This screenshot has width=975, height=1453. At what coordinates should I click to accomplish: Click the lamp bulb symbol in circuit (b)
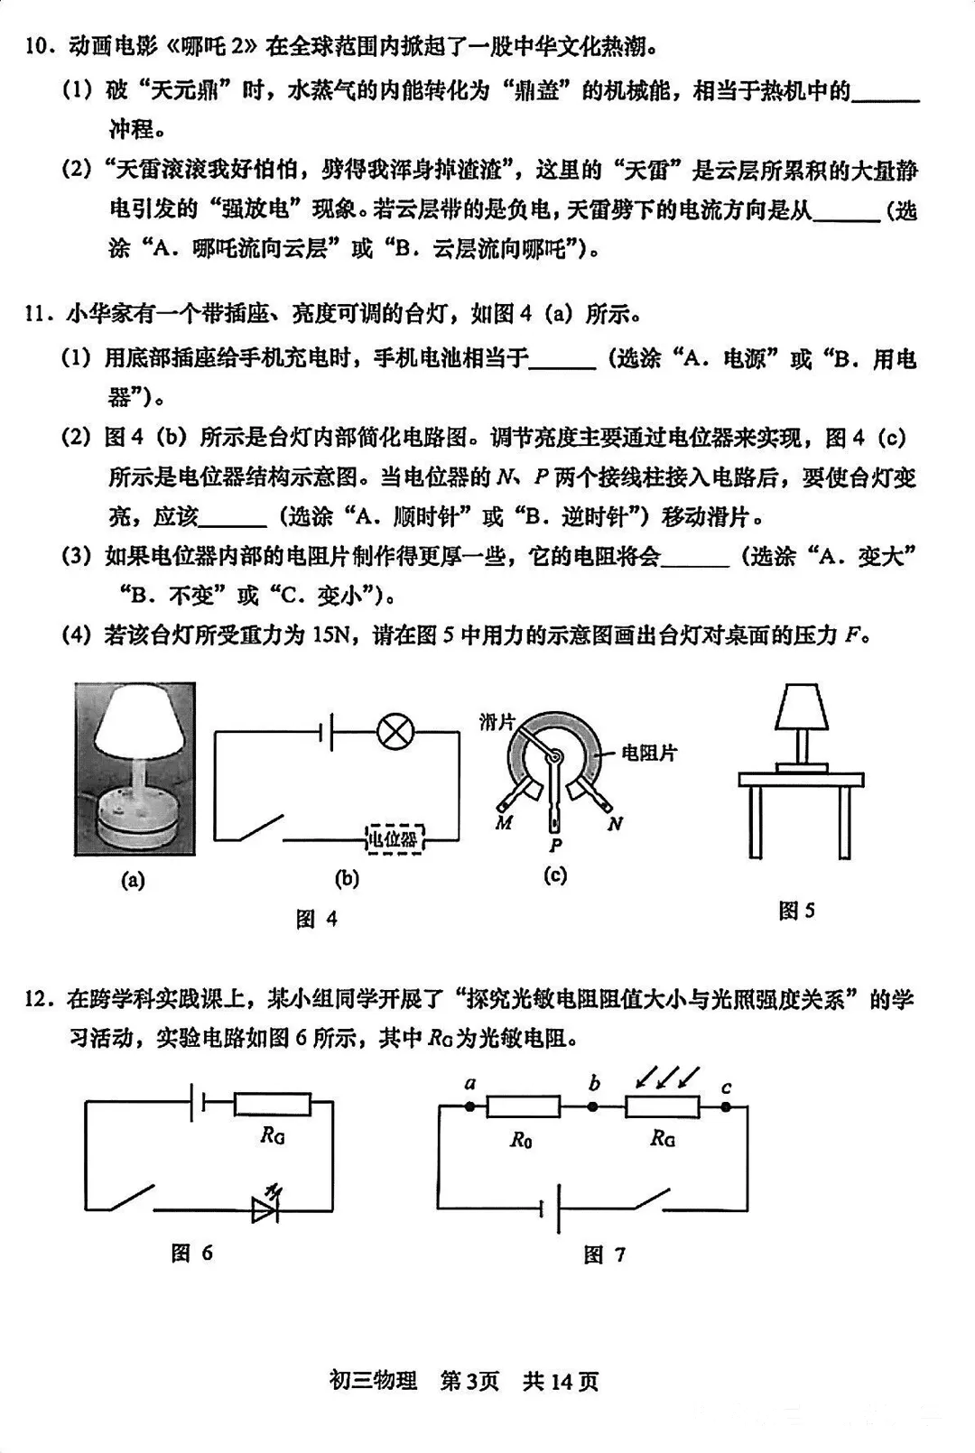(x=394, y=731)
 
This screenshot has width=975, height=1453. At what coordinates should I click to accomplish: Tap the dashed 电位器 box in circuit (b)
(x=395, y=839)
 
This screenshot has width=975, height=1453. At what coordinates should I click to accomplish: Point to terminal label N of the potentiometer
(x=615, y=823)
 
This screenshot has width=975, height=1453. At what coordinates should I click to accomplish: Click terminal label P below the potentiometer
(x=555, y=845)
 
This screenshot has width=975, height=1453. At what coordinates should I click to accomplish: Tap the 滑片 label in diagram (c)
(x=497, y=721)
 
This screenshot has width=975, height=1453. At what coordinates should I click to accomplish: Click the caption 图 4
(x=316, y=919)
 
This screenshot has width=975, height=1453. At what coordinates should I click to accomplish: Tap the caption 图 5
(x=796, y=911)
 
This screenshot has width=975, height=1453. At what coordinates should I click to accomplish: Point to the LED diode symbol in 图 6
(x=267, y=1209)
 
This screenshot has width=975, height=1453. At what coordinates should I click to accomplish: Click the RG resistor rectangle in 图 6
(x=272, y=1105)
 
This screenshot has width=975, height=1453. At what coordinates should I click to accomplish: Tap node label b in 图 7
(x=594, y=1083)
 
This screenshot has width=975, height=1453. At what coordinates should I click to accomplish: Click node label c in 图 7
(x=726, y=1087)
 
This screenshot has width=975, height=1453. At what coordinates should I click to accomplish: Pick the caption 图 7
(x=604, y=1254)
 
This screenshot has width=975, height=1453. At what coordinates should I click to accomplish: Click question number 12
(x=40, y=999)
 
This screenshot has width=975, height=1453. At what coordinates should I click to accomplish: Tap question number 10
(x=40, y=46)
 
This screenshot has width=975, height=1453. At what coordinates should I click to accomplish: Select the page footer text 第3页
(x=469, y=1381)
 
